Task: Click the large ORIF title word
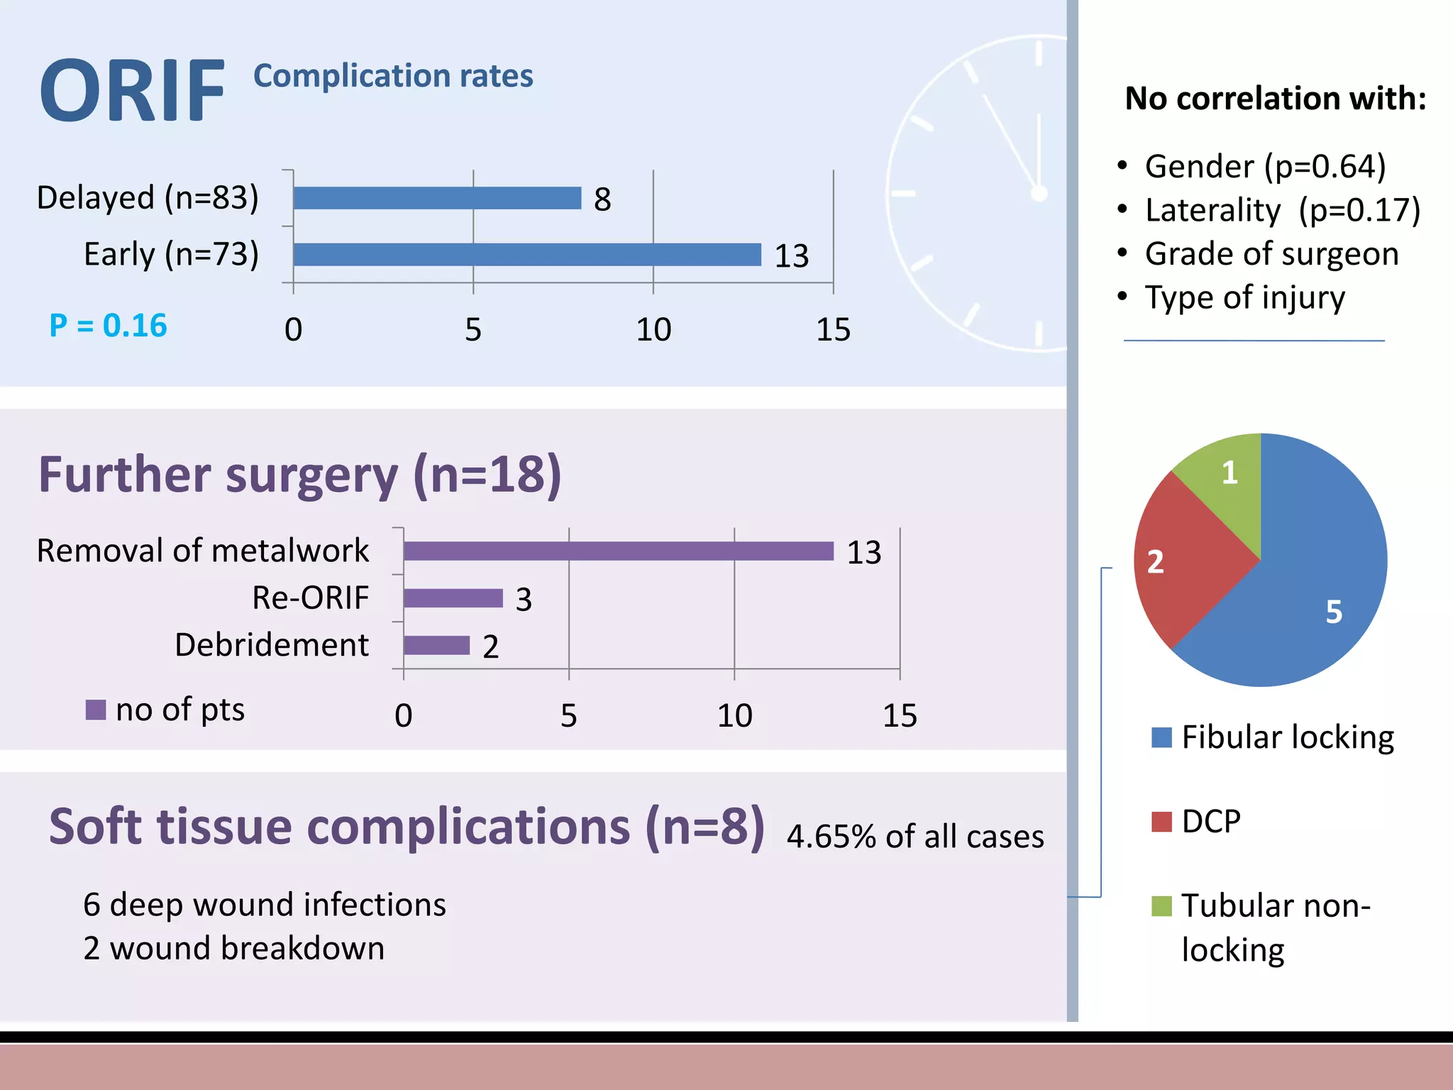[132, 92]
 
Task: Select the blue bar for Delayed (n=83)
[436, 198]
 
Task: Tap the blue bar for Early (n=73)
[526, 255]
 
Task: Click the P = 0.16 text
[108, 326]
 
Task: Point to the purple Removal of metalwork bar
[617, 551]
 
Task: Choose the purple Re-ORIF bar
[453, 598]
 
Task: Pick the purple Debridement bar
[436, 645]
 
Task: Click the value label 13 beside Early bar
[791, 256]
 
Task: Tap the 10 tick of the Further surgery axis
[734, 715]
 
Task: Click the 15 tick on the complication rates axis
[833, 330]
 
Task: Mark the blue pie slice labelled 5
[1320, 582]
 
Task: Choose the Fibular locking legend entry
[1274, 737]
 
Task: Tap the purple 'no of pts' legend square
[95, 710]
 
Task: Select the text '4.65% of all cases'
[915, 837]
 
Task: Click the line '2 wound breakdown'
[233, 949]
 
